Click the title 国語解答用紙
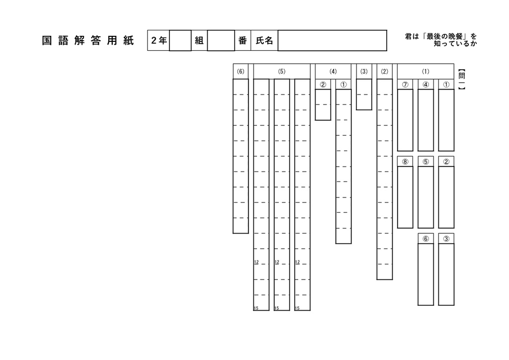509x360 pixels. pyautogui.click(x=87, y=41)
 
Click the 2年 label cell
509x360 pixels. pyautogui.click(x=159, y=41)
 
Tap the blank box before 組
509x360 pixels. pyautogui.click(x=180, y=41)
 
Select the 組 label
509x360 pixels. pyautogui.click(x=199, y=41)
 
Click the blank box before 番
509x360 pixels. pyautogui.click(x=221, y=41)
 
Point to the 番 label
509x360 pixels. pyautogui.click(x=243, y=41)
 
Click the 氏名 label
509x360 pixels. pyautogui.click(x=264, y=41)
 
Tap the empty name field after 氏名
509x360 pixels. pyautogui.click(x=332, y=41)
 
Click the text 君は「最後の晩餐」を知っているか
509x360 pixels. pyautogui.click(x=441, y=40)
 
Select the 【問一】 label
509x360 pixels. pyautogui.click(x=462, y=80)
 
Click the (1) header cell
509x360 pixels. pyautogui.click(x=425, y=72)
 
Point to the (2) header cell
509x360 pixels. pyautogui.click(x=385, y=72)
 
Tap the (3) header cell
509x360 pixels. pyautogui.click(x=364, y=72)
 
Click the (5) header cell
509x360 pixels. pyautogui.click(x=282, y=72)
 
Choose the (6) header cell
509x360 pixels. pyautogui.click(x=241, y=72)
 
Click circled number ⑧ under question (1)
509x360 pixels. pyautogui.click(x=405, y=162)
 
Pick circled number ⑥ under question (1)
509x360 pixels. pyautogui.click(x=425, y=239)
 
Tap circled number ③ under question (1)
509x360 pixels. pyautogui.click(x=446, y=239)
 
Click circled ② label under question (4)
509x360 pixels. pyautogui.click(x=323, y=85)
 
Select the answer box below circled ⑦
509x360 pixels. pyautogui.click(x=405, y=120)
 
